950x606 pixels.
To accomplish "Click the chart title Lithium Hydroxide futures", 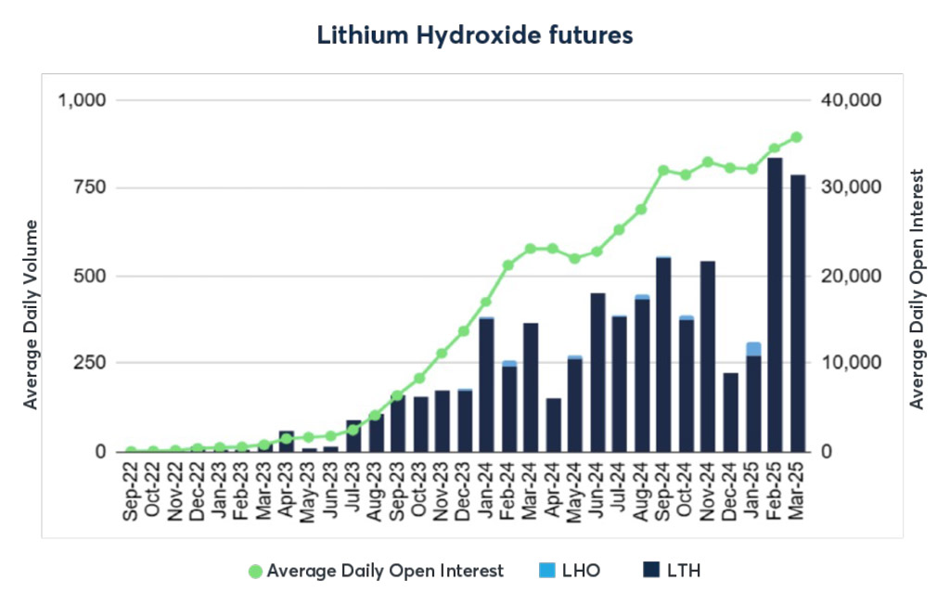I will click(x=474, y=35).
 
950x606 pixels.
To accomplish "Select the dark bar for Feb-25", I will click(x=775, y=306).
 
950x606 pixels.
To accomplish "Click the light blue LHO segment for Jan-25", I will click(x=752, y=349).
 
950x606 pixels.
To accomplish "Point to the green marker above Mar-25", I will click(x=797, y=137).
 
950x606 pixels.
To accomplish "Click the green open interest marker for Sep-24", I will click(x=663, y=171).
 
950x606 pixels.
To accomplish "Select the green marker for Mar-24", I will click(x=531, y=249).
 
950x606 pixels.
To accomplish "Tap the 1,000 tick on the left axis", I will click(x=83, y=100).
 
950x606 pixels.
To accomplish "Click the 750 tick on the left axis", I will click(x=91, y=187).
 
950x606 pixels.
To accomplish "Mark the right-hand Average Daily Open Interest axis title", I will click(x=918, y=289).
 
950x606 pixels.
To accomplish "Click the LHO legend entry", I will click(x=571, y=571).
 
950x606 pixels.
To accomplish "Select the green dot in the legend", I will click(x=256, y=571).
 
